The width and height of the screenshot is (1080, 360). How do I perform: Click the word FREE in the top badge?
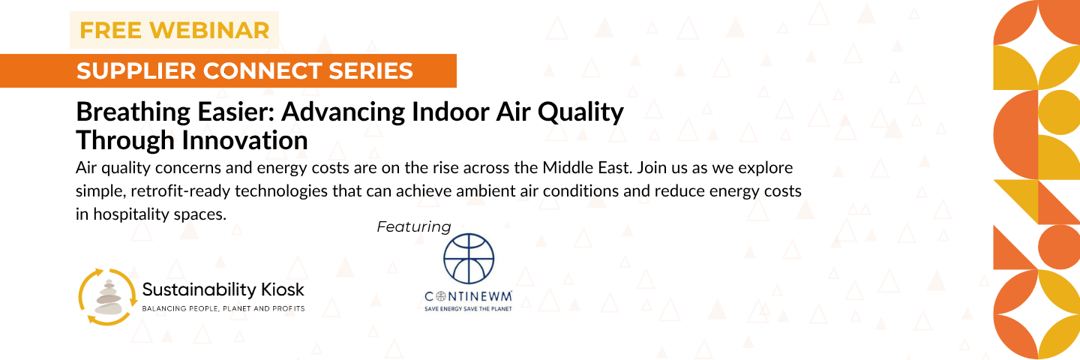coord(110,30)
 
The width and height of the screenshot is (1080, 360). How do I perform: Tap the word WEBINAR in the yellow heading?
coord(209,30)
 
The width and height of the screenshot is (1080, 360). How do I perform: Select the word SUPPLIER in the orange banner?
coord(136,70)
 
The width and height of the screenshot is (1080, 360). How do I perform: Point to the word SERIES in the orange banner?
coord(370,70)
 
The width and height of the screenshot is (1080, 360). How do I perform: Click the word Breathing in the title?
coord(133,112)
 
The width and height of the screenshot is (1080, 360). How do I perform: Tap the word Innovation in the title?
coord(245,140)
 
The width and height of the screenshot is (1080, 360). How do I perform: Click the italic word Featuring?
coord(414,226)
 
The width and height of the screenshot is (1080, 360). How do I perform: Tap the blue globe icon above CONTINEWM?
coord(469,259)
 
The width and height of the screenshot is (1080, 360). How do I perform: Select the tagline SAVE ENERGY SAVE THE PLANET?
coord(468,308)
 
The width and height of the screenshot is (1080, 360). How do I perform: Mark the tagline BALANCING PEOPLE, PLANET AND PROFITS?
coord(223,308)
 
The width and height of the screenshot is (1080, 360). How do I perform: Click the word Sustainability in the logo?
coord(199,290)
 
